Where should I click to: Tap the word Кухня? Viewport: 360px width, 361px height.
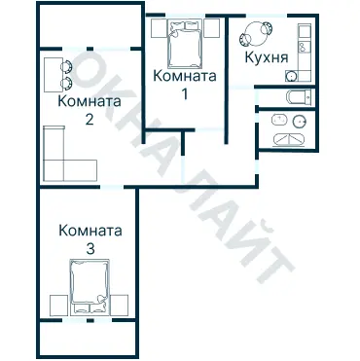pyautogui.click(x=266, y=58)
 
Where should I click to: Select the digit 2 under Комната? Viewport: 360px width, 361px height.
pyautogui.click(x=90, y=121)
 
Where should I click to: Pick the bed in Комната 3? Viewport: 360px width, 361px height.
pyautogui.click(x=90, y=287)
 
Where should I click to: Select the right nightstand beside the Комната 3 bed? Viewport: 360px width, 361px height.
pyautogui.click(x=121, y=303)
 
